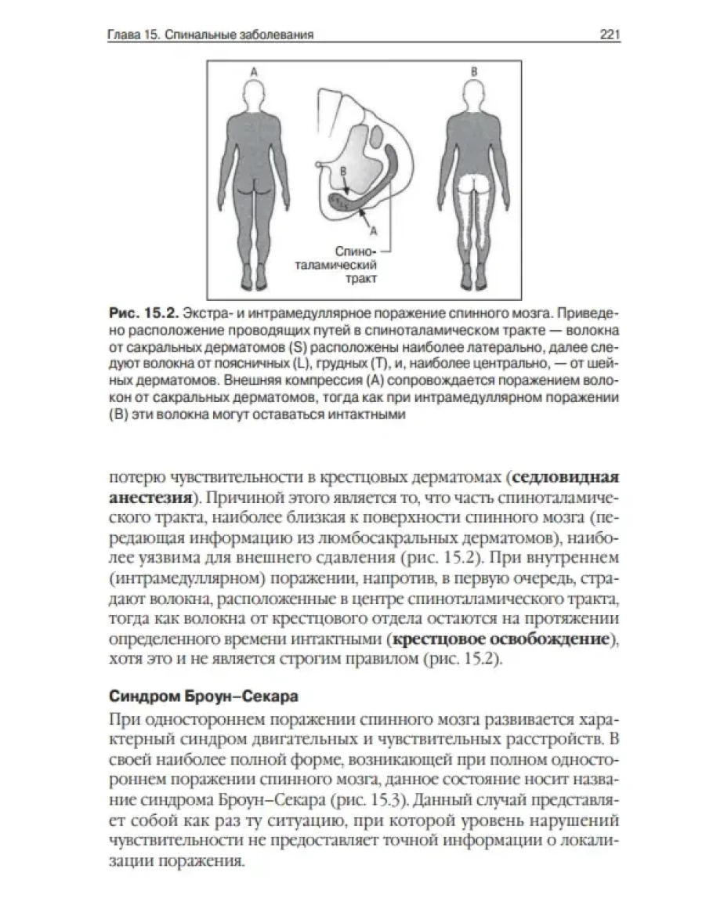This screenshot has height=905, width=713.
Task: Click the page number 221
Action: coord(609,34)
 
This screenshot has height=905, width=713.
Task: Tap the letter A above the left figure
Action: coord(253,71)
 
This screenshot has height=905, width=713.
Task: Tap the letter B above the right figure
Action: coord(473,71)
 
